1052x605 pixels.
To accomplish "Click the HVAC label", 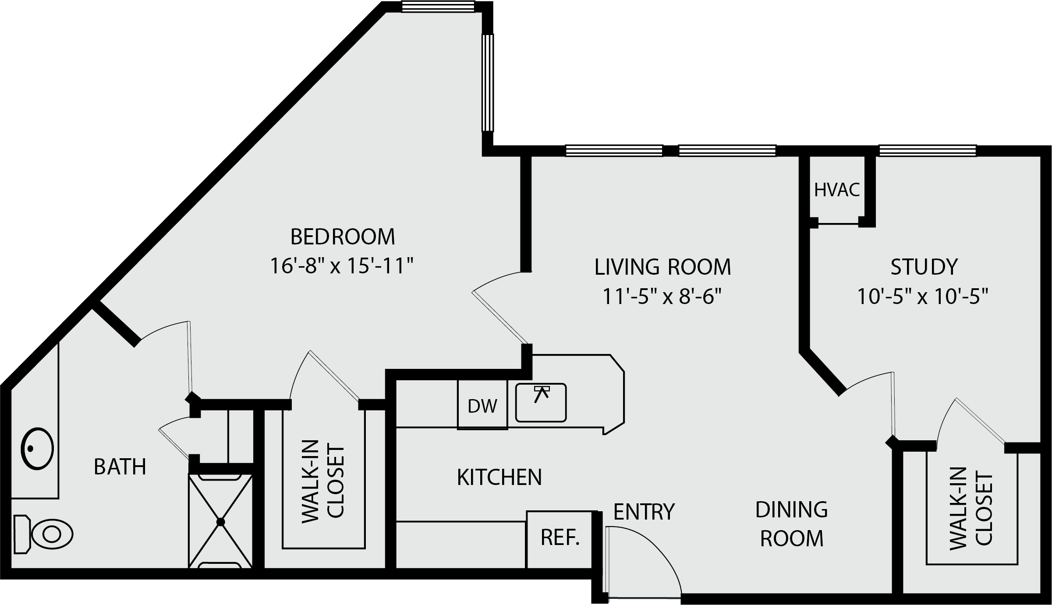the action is pos(837,190).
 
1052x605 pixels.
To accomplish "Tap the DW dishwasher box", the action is pos(482,404).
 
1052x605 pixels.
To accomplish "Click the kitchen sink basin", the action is pos(541,403).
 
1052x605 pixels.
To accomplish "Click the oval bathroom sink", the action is pos(37,449).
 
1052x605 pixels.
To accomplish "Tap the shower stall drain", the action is pos(220,522).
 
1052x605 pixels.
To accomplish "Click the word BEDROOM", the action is pos(343,237).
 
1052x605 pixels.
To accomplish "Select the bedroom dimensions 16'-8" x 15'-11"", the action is pos(342,266).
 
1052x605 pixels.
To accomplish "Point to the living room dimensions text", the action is pos(662,297).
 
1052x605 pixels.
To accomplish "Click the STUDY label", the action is pos(924,267).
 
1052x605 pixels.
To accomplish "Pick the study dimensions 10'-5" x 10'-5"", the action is pos(923,297).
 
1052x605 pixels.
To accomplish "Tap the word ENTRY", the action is pos(644,511).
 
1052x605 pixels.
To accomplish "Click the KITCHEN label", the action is pos(499,477).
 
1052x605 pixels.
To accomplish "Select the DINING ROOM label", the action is pos(792,524).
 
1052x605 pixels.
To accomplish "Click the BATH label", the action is pos(120,467).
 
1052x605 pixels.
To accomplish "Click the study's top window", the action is pos(928,151).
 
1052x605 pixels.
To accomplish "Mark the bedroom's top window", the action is pos(438,7).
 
